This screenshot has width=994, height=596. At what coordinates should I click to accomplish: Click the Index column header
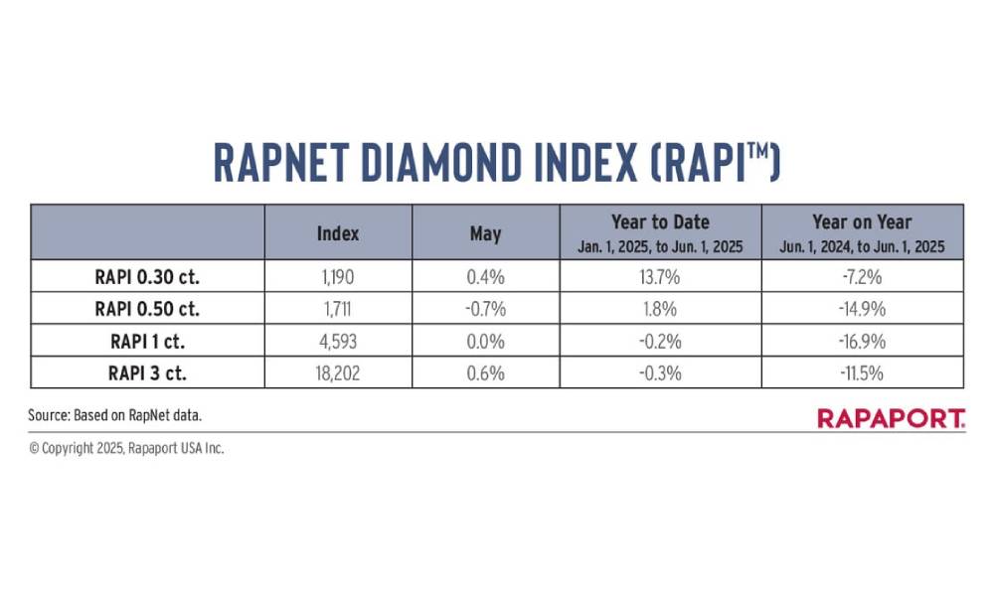338,233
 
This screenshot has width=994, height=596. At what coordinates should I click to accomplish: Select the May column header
486,234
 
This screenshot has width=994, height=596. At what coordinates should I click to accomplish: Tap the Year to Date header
660,223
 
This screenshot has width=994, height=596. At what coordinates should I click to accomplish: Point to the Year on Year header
862,223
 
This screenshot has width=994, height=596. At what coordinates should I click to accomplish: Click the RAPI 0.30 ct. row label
147,277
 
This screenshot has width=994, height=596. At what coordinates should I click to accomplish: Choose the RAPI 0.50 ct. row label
147,309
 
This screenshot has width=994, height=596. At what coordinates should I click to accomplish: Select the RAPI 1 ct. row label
148,342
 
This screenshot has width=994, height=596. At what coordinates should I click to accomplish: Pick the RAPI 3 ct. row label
148,373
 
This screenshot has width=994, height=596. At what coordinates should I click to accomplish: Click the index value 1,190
338,277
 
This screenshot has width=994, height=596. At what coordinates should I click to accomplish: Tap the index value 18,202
338,373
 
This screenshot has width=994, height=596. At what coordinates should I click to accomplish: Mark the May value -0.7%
486,309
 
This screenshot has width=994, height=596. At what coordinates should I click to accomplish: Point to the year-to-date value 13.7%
660,277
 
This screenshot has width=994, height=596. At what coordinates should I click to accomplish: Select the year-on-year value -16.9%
862,342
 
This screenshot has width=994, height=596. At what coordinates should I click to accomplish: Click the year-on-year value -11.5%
862,373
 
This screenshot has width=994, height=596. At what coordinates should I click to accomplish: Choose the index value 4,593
338,342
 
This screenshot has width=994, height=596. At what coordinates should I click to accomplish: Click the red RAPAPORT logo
892,418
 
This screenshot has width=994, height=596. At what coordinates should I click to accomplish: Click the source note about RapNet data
114,415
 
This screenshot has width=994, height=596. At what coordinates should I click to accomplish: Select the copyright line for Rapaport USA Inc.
126,448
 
